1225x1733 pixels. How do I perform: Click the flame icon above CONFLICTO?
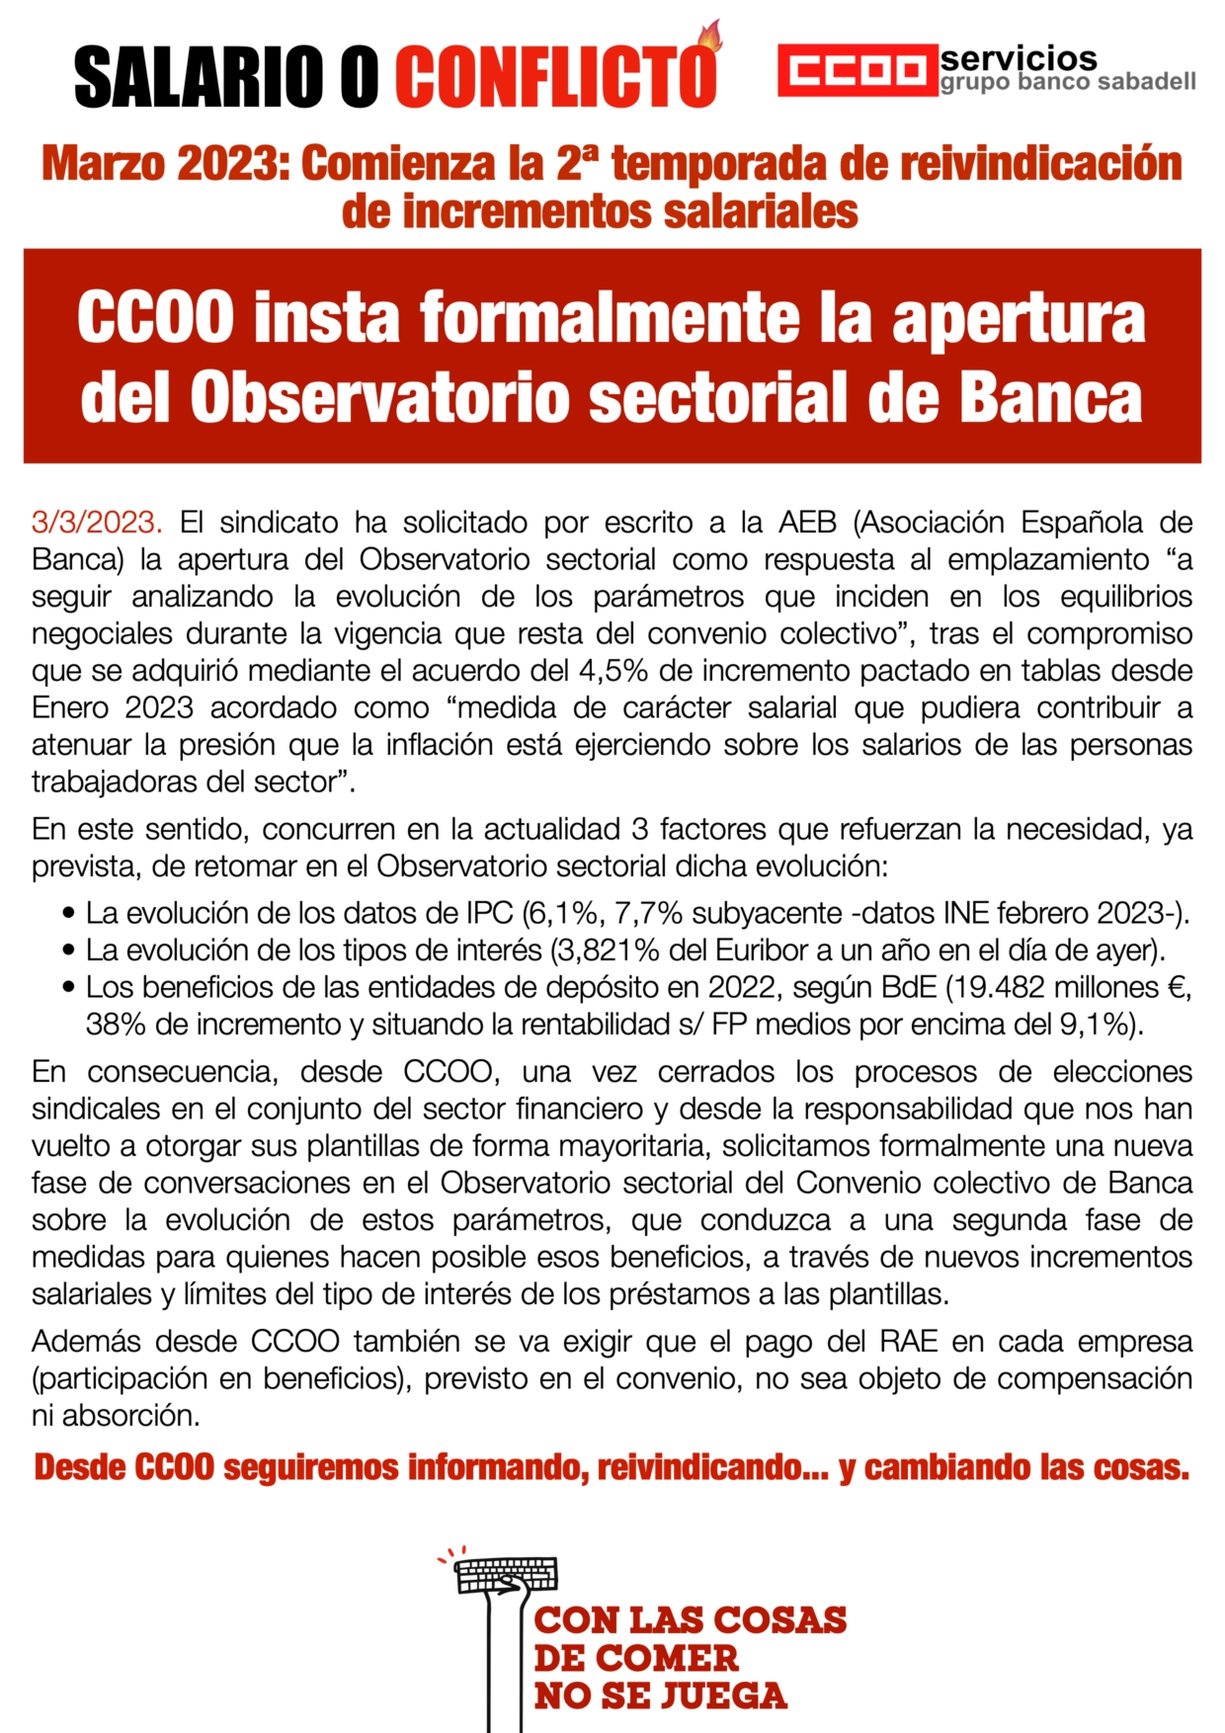pyautogui.click(x=709, y=37)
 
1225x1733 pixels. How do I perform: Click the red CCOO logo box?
pyautogui.click(x=856, y=70)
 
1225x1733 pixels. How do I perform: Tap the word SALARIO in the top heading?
pyautogui.click(x=202, y=76)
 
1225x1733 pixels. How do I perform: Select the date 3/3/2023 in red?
pyautogui.click(x=96, y=522)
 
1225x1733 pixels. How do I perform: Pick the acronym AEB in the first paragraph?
pyautogui.click(x=806, y=522)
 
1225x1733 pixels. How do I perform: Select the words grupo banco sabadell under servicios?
pyautogui.click(x=1067, y=82)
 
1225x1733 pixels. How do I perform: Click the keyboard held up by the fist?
pyautogui.click(x=507, y=1573)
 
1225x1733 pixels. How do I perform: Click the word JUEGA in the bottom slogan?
pyautogui.click(x=723, y=1696)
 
